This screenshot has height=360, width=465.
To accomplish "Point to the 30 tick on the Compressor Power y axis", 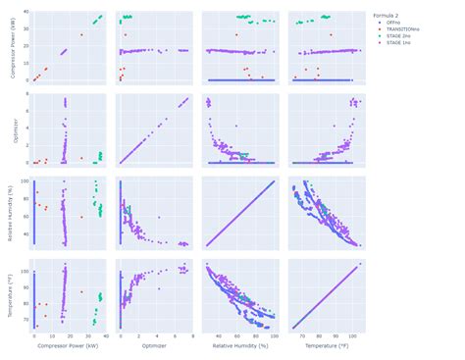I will click(25, 29).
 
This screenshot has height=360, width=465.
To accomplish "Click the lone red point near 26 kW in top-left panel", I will click(81, 34).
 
